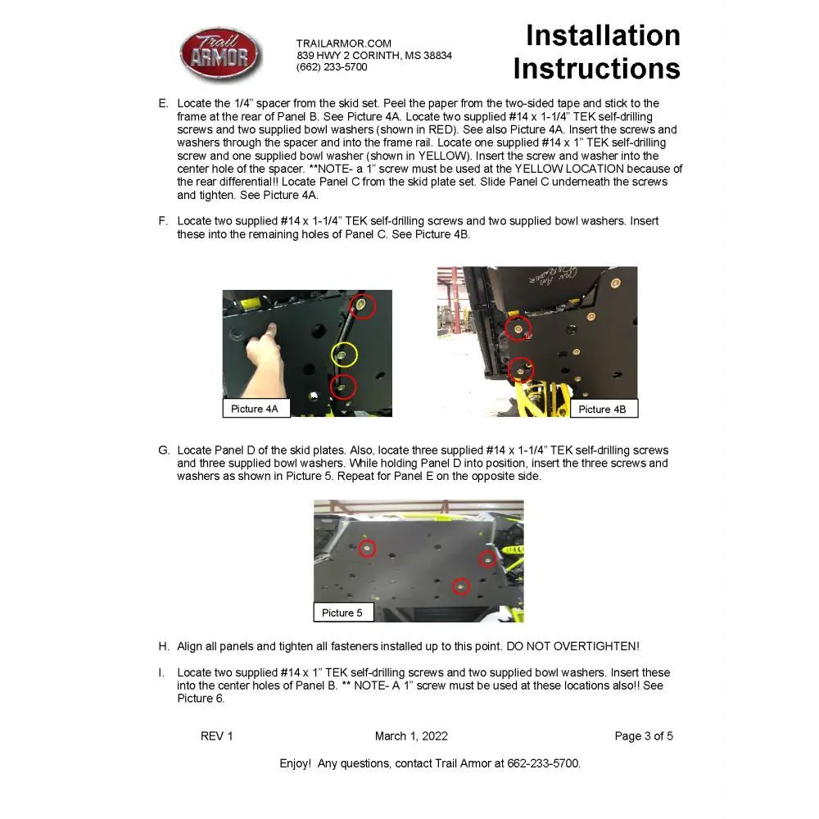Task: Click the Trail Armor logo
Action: pyautogui.click(x=220, y=55)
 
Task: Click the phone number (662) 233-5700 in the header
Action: pyautogui.click(x=332, y=68)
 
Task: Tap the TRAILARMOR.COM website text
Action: pyautogui.click(x=344, y=43)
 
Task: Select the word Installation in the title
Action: pyautogui.click(x=603, y=36)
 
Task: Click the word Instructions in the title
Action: pyautogui.click(x=596, y=69)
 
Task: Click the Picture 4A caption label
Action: pyautogui.click(x=256, y=409)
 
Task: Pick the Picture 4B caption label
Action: pyautogui.click(x=603, y=409)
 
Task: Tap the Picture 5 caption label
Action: pyautogui.click(x=342, y=613)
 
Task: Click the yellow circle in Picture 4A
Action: pyautogui.click(x=344, y=355)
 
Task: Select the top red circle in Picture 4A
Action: pyautogui.click(x=363, y=307)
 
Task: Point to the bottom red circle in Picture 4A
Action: pyautogui.click(x=344, y=386)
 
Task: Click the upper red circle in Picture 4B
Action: pyautogui.click(x=518, y=328)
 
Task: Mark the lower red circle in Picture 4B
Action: pyautogui.click(x=521, y=370)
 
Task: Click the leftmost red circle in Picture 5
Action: pyautogui.click(x=368, y=548)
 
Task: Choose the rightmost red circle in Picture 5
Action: pyautogui.click(x=488, y=559)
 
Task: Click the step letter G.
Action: pyautogui.click(x=164, y=450)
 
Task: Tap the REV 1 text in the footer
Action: pyautogui.click(x=217, y=736)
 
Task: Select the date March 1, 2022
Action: pyautogui.click(x=411, y=736)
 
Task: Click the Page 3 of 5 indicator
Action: pyautogui.click(x=644, y=736)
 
